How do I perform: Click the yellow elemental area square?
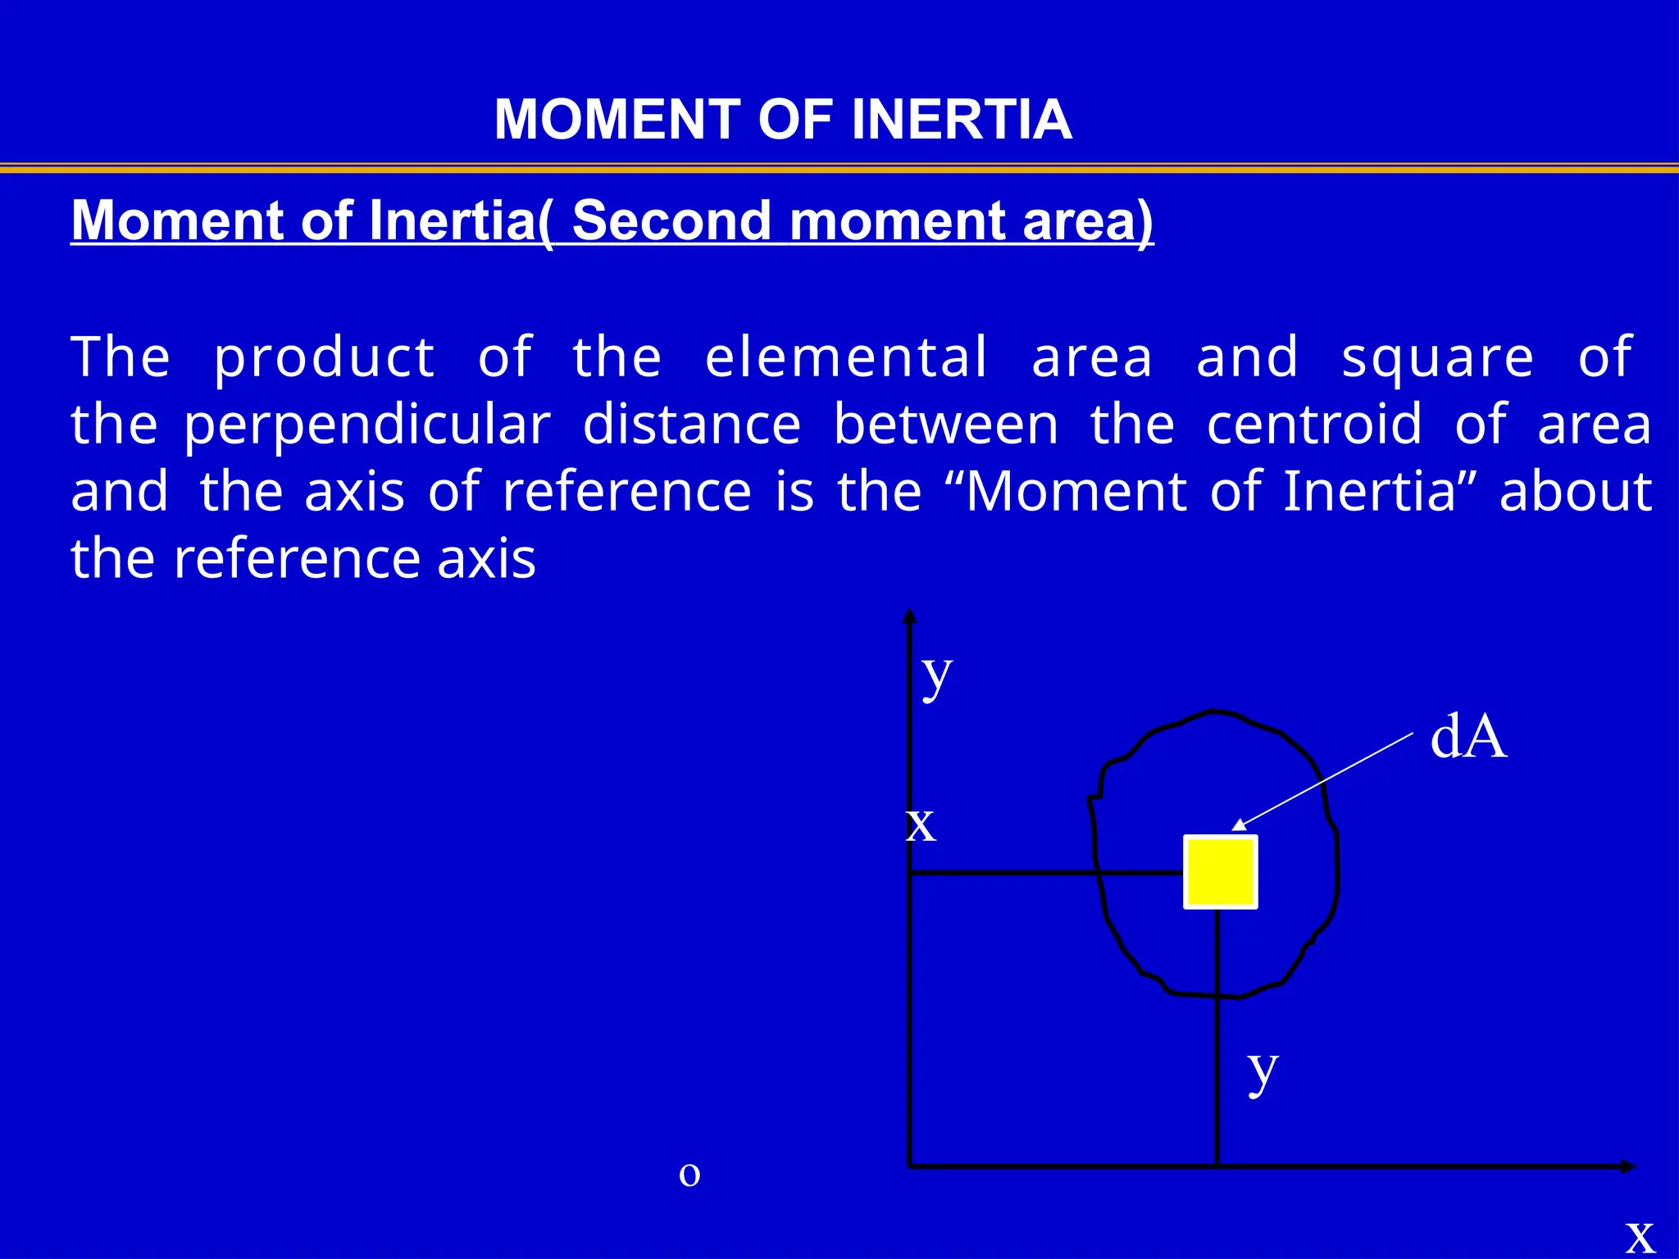tap(1220, 872)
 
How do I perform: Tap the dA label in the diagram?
tap(1467, 737)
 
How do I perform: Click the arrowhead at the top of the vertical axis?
tap(909, 616)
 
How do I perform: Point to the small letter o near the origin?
tap(689, 1175)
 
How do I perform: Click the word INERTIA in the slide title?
tap(961, 120)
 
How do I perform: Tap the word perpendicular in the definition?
tap(366, 425)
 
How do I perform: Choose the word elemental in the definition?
tap(846, 357)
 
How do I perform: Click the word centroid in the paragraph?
tap(1314, 425)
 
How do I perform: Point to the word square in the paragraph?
tap(1437, 359)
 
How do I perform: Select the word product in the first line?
tap(324, 359)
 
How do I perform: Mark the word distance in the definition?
tap(692, 425)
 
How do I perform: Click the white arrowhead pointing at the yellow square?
tap(1239, 825)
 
